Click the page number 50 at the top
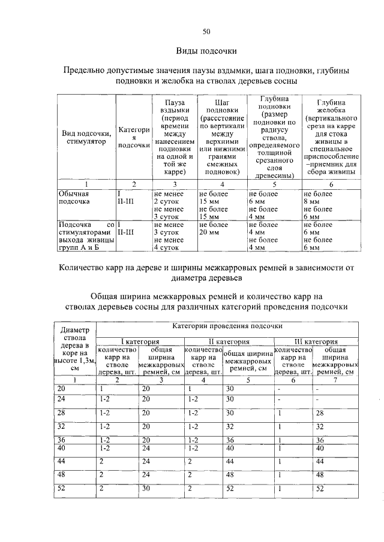pos(206,31)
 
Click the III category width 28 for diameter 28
pos(319,413)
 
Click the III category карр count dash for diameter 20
pos(280,389)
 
